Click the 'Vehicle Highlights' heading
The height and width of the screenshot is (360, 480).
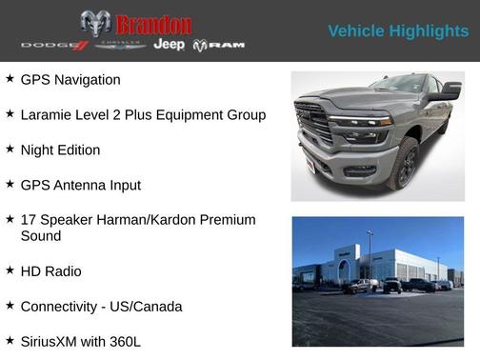(398, 31)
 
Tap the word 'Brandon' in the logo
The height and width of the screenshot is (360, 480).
(152, 24)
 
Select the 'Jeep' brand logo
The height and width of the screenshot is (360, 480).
(170, 45)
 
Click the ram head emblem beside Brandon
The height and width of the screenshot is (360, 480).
(96, 23)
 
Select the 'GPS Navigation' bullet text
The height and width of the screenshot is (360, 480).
(70, 80)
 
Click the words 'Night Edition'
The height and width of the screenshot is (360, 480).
(60, 150)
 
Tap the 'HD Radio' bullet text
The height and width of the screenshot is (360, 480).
(50, 271)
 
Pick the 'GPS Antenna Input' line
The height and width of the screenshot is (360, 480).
(80, 185)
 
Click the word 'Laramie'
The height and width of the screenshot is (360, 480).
(47, 115)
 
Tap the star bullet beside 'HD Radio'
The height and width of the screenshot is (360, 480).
(10, 271)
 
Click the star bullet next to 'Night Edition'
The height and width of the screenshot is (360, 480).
(10, 150)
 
